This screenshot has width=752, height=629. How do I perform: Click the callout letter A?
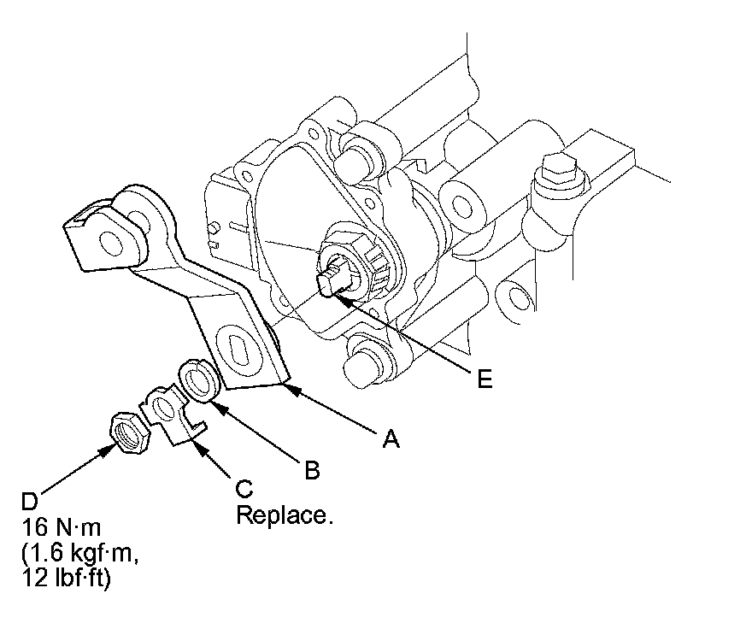(x=391, y=439)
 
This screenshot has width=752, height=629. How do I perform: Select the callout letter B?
(x=312, y=469)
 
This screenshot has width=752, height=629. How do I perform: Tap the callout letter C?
(x=244, y=488)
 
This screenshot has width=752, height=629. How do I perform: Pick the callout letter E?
(x=485, y=380)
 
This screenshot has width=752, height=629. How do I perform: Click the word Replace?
(x=283, y=516)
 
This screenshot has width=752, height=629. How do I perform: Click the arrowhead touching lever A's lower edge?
(x=287, y=390)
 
